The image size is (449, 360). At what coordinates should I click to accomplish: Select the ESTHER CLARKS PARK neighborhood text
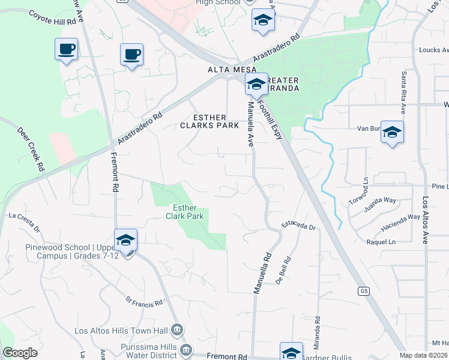203,121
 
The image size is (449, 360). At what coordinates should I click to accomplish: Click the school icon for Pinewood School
126,240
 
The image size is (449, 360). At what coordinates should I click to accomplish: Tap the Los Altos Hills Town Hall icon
176,329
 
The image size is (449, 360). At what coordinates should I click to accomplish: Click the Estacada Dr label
299,226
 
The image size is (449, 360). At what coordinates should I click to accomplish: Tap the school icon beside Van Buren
392,133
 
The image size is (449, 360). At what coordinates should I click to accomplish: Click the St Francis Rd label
144,301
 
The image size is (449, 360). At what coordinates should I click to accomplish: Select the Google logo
20,353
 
